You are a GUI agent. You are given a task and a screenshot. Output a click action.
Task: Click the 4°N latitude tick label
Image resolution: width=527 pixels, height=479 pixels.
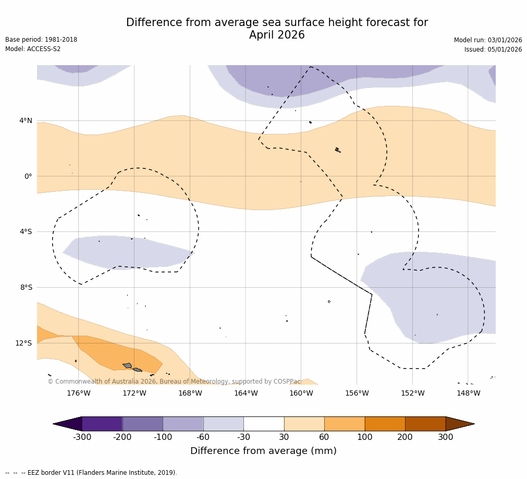click(26, 121)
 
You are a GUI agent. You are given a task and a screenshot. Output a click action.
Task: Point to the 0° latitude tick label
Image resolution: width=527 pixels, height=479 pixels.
click(28, 176)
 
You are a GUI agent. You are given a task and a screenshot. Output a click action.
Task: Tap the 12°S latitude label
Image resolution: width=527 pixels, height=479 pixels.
click(23, 343)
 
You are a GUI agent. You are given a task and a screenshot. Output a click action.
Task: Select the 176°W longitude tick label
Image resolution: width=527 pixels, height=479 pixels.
click(79, 394)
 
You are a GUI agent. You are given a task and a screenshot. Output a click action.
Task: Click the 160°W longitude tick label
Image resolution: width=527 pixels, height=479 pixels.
click(301, 394)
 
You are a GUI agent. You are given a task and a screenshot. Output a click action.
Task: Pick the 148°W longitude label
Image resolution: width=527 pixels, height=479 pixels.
click(468, 394)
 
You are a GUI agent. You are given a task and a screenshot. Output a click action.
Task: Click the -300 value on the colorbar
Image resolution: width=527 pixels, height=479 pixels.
click(82, 437)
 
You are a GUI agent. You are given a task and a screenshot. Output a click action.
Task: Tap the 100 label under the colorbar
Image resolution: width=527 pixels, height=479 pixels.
click(365, 437)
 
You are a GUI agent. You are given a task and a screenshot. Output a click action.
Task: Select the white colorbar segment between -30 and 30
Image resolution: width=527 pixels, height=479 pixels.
click(264, 424)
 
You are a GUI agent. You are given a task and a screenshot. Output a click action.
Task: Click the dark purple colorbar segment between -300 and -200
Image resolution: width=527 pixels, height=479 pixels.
click(102, 424)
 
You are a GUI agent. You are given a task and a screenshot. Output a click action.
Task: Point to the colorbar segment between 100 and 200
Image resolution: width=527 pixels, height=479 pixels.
click(385, 424)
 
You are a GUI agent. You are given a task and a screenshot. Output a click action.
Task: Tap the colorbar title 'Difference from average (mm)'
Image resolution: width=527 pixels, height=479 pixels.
click(263, 451)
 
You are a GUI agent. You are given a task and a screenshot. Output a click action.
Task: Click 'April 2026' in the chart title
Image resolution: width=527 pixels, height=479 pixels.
click(277, 35)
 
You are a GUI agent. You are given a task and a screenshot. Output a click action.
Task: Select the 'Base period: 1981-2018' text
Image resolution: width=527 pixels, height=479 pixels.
click(41, 40)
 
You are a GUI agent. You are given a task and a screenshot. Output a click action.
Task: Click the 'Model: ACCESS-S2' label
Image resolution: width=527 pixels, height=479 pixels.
click(33, 49)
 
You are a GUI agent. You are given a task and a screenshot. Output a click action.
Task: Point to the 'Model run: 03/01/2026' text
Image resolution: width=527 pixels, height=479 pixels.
click(488, 40)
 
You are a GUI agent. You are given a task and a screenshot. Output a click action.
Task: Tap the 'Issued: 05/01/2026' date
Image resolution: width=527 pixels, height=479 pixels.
click(493, 50)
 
